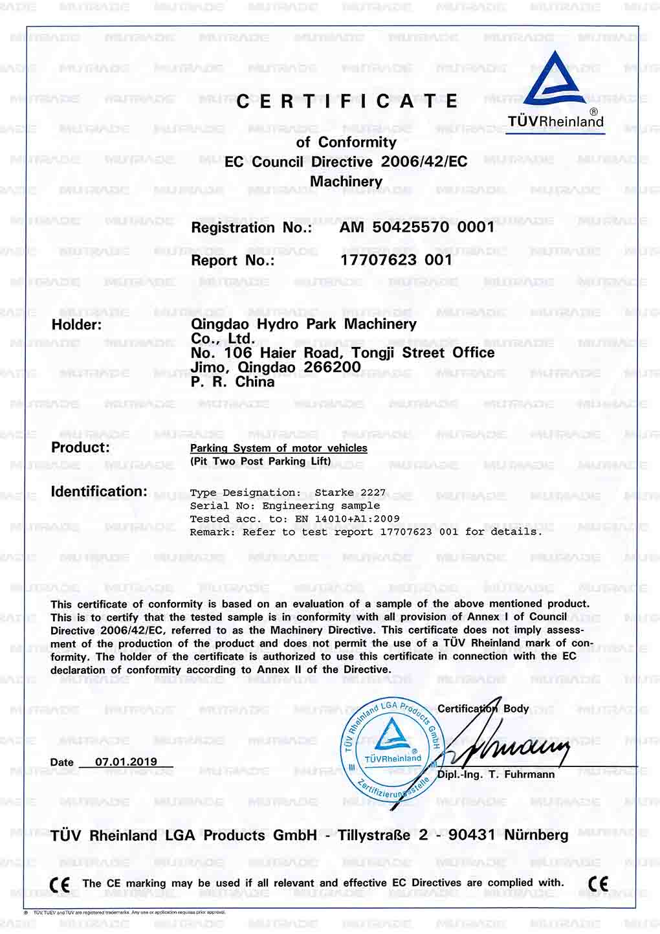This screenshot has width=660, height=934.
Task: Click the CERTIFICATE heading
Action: pyautogui.click(x=347, y=102)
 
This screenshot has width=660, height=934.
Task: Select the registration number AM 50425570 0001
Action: pyautogui.click(x=417, y=227)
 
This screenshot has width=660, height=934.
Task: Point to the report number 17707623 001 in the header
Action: pyautogui.click(x=396, y=260)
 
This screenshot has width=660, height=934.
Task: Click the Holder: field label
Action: pyautogui.click(x=76, y=325)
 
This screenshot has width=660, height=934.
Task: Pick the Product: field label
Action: pyautogui.click(x=80, y=447)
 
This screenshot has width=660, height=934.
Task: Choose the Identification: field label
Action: pyautogui.click(x=99, y=491)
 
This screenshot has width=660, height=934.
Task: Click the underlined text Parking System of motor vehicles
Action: pyautogui.click(x=278, y=448)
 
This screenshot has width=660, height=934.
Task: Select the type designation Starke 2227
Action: pyautogui.click(x=350, y=493)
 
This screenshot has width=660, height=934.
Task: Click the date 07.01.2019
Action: pyautogui.click(x=126, y=762)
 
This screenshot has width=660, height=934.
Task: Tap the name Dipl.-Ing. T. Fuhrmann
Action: pyautogui.click(x=496, y=775)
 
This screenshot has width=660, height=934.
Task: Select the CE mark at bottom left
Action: pyautogui.click(x=60, y=885)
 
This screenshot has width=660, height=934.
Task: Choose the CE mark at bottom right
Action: pyautogui.click(x=599, y=884)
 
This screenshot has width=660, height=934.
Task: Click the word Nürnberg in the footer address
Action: pyautogui.click(x=536, y=835)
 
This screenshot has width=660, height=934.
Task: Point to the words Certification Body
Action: pyautogui.click(x=483, y=709)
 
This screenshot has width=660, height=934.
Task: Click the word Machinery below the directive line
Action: pyautogui.click(x=346, y=181)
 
